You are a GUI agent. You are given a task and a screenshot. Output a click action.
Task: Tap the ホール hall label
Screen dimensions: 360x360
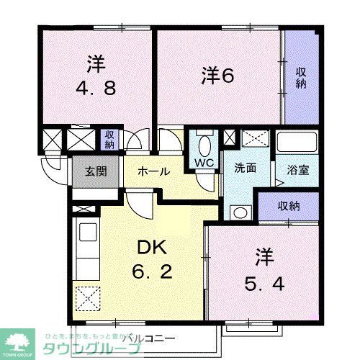(153, 171)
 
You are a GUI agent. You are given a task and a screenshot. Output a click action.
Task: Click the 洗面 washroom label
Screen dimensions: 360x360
(245, 168)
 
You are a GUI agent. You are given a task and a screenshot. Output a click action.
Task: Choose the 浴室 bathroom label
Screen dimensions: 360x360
(298, 171)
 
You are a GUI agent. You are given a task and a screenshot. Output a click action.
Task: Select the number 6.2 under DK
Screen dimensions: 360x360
(150, 274)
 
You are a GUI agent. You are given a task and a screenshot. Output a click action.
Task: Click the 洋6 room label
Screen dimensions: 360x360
(217, 74)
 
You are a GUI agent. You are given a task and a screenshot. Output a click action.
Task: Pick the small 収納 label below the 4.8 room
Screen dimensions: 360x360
(109, 138)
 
